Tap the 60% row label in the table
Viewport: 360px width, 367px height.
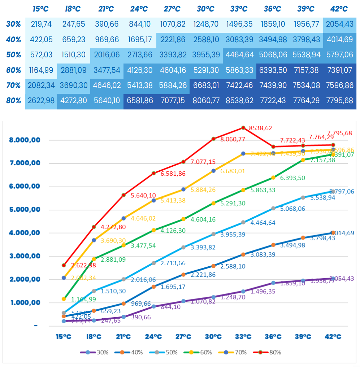13,70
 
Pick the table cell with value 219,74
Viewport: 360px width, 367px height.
42,24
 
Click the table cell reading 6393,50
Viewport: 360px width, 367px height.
273,70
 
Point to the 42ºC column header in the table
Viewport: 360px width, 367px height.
339,9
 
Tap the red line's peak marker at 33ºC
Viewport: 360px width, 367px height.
243,127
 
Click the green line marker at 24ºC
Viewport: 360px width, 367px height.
153,230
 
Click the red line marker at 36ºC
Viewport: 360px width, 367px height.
273,147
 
